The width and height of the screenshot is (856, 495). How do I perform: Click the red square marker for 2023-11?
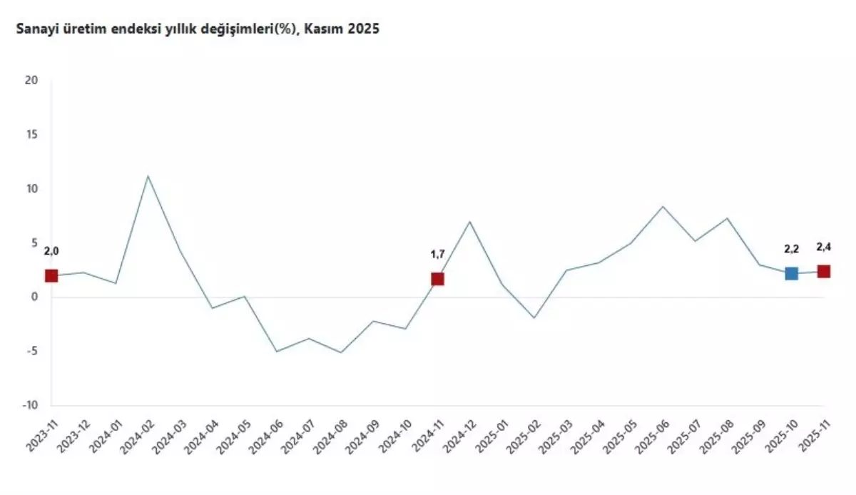click(51, 276)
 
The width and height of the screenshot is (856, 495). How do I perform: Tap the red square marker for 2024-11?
click(437, 279)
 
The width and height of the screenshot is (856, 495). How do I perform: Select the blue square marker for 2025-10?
click(791, 274)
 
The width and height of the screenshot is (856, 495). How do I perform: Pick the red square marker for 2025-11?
click(823, 271)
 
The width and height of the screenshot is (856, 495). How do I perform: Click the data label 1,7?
click(437, 253)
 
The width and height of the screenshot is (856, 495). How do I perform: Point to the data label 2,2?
click(791, 249)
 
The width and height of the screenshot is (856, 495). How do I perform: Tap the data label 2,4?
click(824, 247)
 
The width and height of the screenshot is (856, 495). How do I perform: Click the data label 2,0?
click(51, 251)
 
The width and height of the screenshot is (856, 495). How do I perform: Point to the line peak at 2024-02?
click(148, 175)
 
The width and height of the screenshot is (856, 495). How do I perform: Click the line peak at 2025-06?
click(663, 206)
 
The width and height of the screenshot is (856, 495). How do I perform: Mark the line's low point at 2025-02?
click(534, 317)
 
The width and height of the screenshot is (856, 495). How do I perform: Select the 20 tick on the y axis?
click(31, 81)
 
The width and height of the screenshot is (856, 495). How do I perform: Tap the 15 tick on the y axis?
click(31, 135)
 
